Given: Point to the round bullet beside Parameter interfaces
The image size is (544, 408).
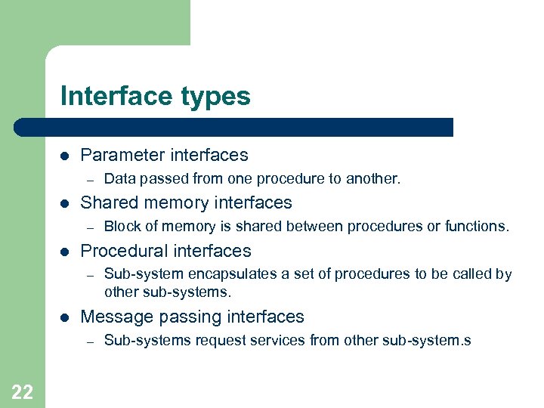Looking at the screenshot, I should pyautogui.click(x=64, y=156).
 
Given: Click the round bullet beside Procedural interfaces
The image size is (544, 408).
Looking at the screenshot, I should pyautogui.click(x=64, y=252).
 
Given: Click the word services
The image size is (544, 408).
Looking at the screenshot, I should pyautogui.click(x=274, y=341).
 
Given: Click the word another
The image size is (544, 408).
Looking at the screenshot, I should pyautogui.click(x=373, y=179).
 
